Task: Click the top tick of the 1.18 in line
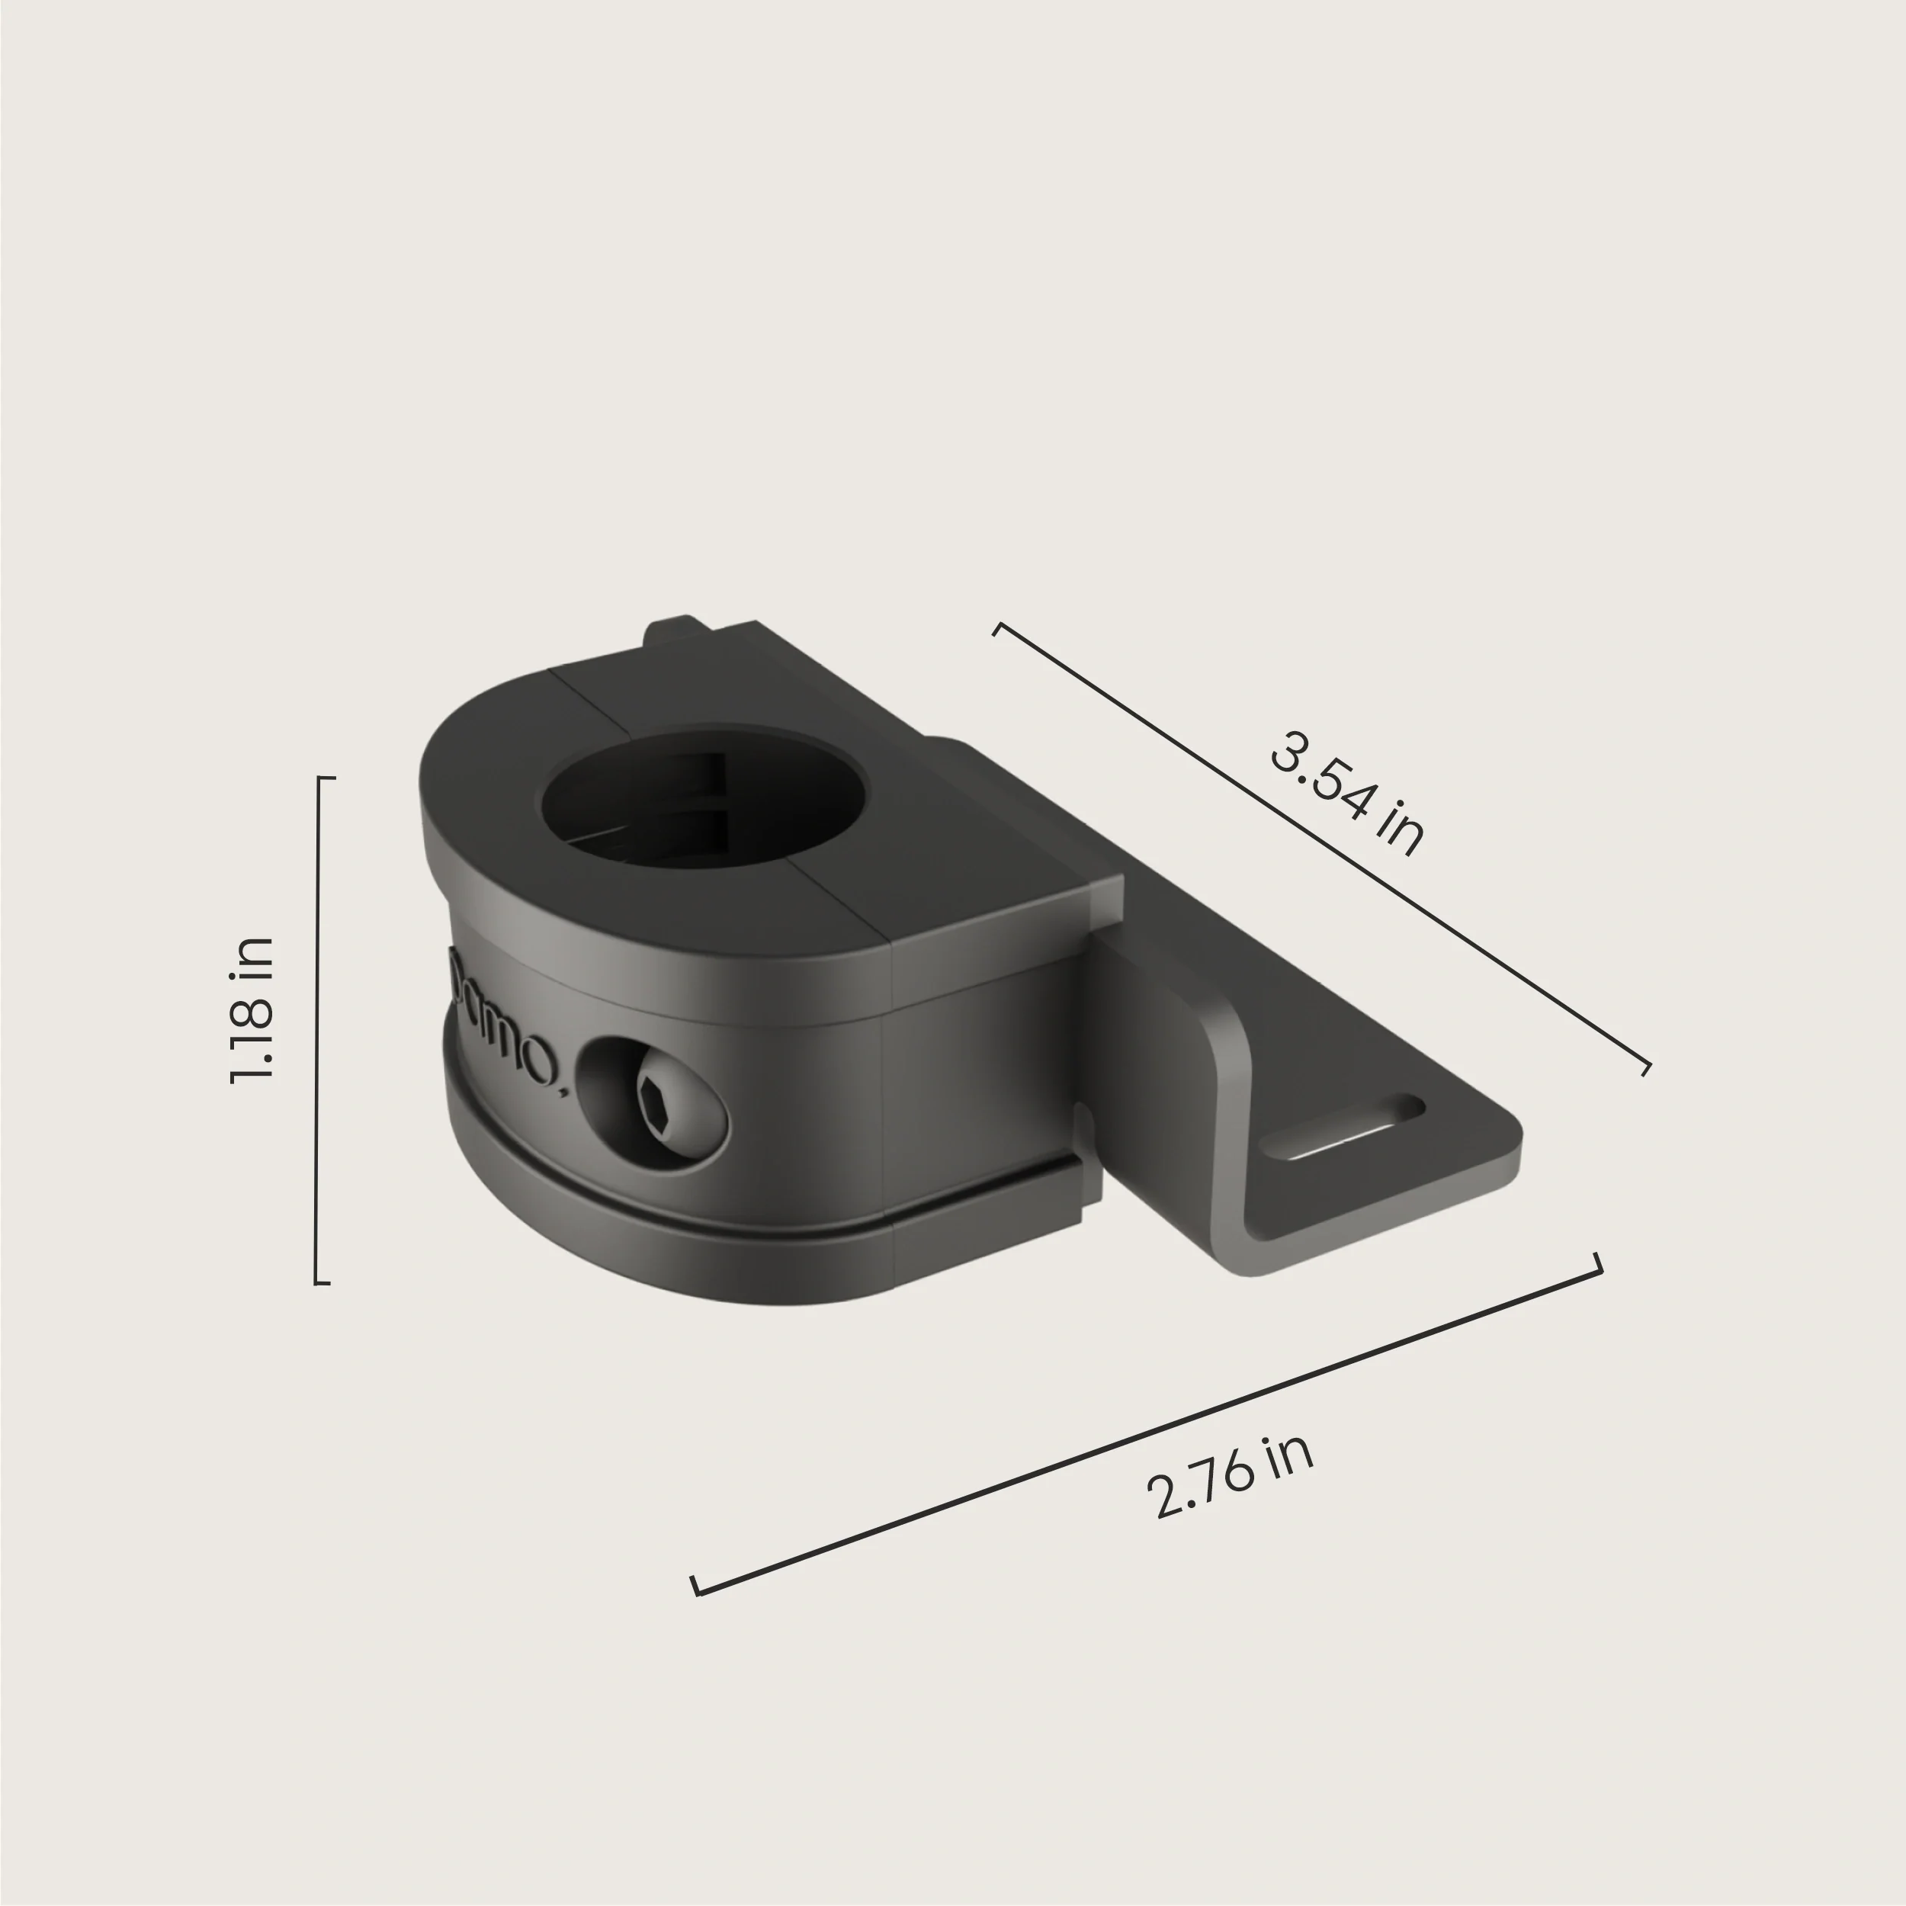point(326,778)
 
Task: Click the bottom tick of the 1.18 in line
point(322,1283)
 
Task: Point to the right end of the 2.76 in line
point(1598,1266)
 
